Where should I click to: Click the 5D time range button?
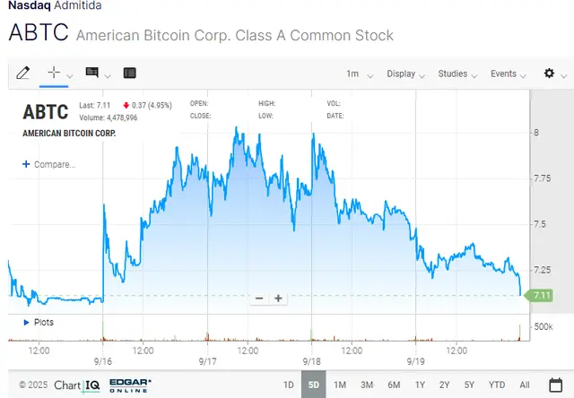click(x=314, y=385)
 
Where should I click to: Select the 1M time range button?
click(x=340, y=385)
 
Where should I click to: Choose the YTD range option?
click(x=497, y=385)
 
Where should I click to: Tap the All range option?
click(x=525, y=385)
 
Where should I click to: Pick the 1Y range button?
click(x=420, y=385)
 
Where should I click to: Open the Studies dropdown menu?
click(x=457, y=74)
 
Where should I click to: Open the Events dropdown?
click(x=507, y=74)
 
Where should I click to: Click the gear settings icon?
click(x=550, y=74)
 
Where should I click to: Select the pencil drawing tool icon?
click(x=23, y=73)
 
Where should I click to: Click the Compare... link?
click(x=49, y=165)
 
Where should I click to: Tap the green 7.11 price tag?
click(x=541, y=295)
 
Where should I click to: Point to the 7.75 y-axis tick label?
click(x=542, y=178)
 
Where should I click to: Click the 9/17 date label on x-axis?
click(x=208, y=362)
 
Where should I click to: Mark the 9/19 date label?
click(x=414, y=362)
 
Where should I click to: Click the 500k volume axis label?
click(x=543, y=326)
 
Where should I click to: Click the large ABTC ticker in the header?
click(x=38, y=34)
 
